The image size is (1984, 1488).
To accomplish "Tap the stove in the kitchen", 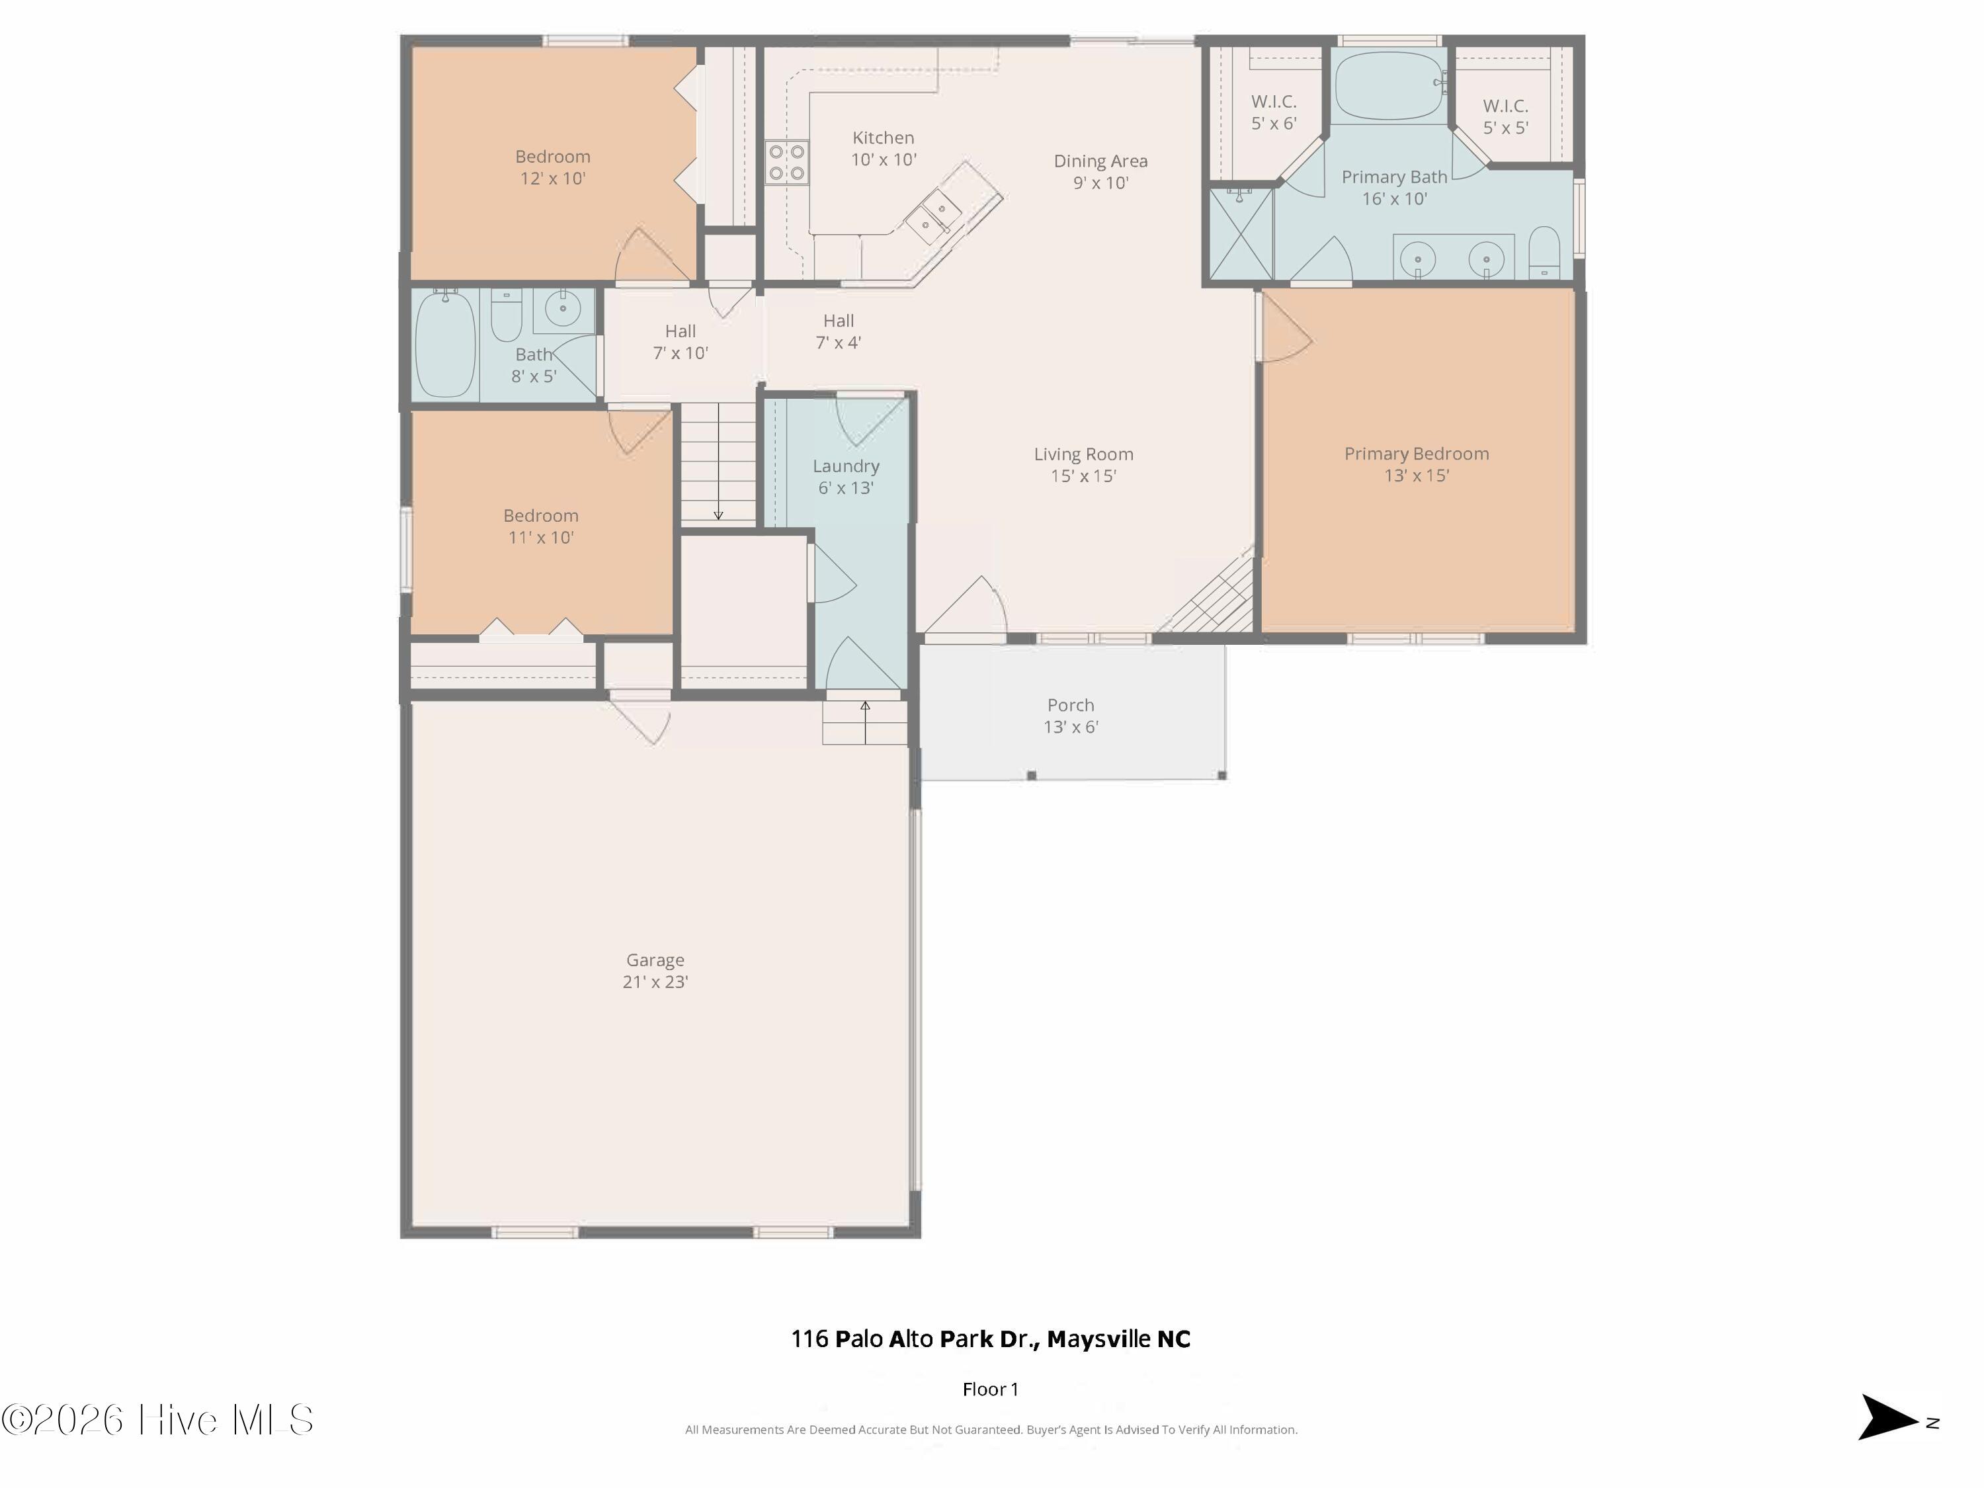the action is [786, 162].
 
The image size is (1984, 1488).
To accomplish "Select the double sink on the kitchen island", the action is [932, 217].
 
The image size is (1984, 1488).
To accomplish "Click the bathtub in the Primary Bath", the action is [1389, 86].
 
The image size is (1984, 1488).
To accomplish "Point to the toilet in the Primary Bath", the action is [1544, 252].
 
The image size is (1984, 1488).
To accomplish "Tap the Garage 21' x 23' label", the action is [655, 970].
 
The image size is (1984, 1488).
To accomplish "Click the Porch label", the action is [1071, 705].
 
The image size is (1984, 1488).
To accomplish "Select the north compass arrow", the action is [1888, 1418].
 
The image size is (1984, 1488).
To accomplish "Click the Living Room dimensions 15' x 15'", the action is [1083, 476].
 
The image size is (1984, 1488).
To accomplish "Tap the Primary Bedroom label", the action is [1417, 454].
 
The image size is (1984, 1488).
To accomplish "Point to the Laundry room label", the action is [846, 466].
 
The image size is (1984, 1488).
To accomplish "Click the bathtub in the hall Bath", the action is [446, 343].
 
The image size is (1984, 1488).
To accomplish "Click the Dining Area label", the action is [1100, 161].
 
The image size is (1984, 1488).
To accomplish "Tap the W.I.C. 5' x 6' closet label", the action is [1274, 113].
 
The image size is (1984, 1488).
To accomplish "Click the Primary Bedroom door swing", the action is [1284, 327].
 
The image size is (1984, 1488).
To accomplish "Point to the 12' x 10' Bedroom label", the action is [552, 167].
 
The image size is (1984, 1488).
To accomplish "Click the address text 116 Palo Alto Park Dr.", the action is [915, 1339].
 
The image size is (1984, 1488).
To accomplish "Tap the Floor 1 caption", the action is [990, 1389].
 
